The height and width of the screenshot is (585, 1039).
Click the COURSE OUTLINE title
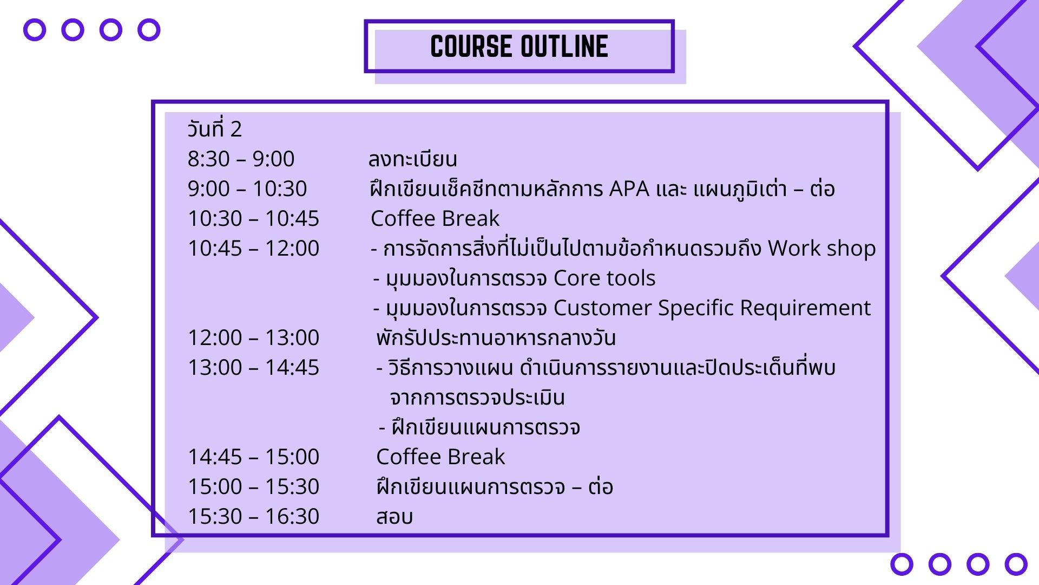(519, 46)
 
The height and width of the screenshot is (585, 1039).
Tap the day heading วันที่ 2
(214, 128)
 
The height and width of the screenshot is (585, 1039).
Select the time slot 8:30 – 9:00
(241, 159)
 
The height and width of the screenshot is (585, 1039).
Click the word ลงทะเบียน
(412, 159)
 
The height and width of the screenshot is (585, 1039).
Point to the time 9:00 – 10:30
(247, 188)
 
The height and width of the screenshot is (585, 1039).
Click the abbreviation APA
(629, 188)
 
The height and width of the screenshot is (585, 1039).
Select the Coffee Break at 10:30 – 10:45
(435, 218)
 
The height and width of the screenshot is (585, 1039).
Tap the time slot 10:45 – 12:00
(253, 248)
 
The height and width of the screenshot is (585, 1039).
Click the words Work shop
(821, 249)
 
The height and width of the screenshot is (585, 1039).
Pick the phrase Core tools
(604, 278)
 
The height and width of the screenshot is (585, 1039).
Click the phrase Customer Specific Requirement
(712, 308)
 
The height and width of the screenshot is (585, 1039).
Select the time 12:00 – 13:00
(253, 337)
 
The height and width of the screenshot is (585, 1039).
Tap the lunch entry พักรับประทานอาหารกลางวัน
(496, 337)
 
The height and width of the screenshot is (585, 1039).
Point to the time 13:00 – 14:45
(253, 367)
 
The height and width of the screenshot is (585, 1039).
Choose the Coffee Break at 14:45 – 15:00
(440, 457)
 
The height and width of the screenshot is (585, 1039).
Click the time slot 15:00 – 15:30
(253, 486)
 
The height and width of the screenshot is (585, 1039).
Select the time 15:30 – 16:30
(253, 516)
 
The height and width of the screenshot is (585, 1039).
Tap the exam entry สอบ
(394, 517)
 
